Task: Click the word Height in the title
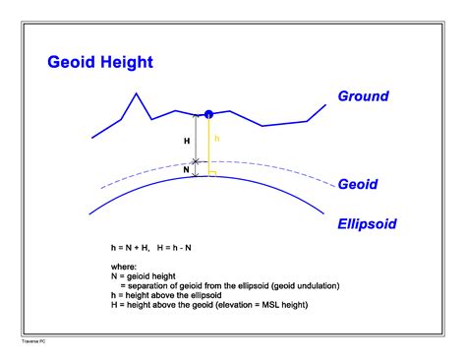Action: pos(127,63)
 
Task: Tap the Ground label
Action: pos(363,96)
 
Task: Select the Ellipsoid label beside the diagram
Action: pos(367,224)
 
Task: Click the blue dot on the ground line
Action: pos(207,116)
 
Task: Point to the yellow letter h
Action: pos(216,139)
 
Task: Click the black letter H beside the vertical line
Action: pos(187,141)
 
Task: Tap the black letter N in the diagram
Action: pos(187,168)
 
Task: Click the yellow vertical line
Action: pos(207,148)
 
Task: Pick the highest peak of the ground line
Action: pos(135,93)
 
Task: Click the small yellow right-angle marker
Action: pos(212,173)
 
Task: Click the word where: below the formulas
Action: pos(128,265)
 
